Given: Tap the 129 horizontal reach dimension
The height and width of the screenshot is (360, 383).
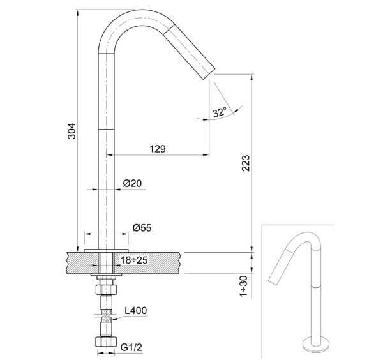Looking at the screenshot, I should pyautogui.click(x=158, y=148).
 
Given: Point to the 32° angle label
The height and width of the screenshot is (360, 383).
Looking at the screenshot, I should pyautogui.click(x=220, y=112).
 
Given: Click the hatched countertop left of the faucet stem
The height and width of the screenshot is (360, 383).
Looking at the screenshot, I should pyautogui.click(x=80, y=260).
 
